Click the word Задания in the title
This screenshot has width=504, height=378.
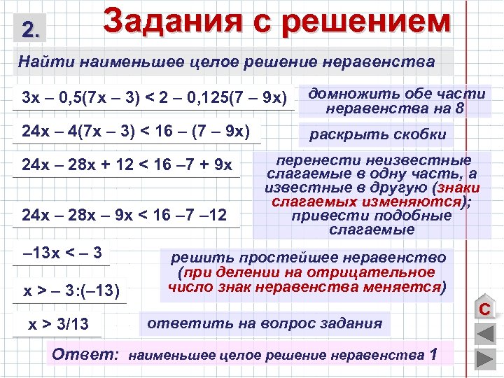pos(172,21)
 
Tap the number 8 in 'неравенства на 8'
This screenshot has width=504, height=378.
pos(458,108)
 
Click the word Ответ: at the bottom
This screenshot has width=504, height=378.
pos(85,354)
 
